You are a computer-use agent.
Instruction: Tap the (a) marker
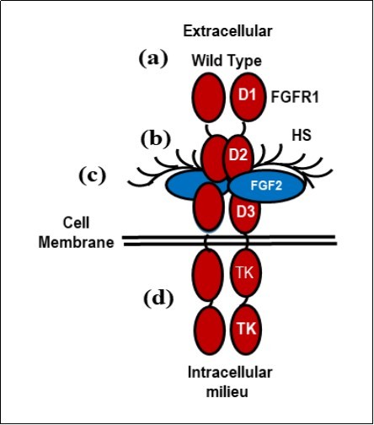coord(156,58)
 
